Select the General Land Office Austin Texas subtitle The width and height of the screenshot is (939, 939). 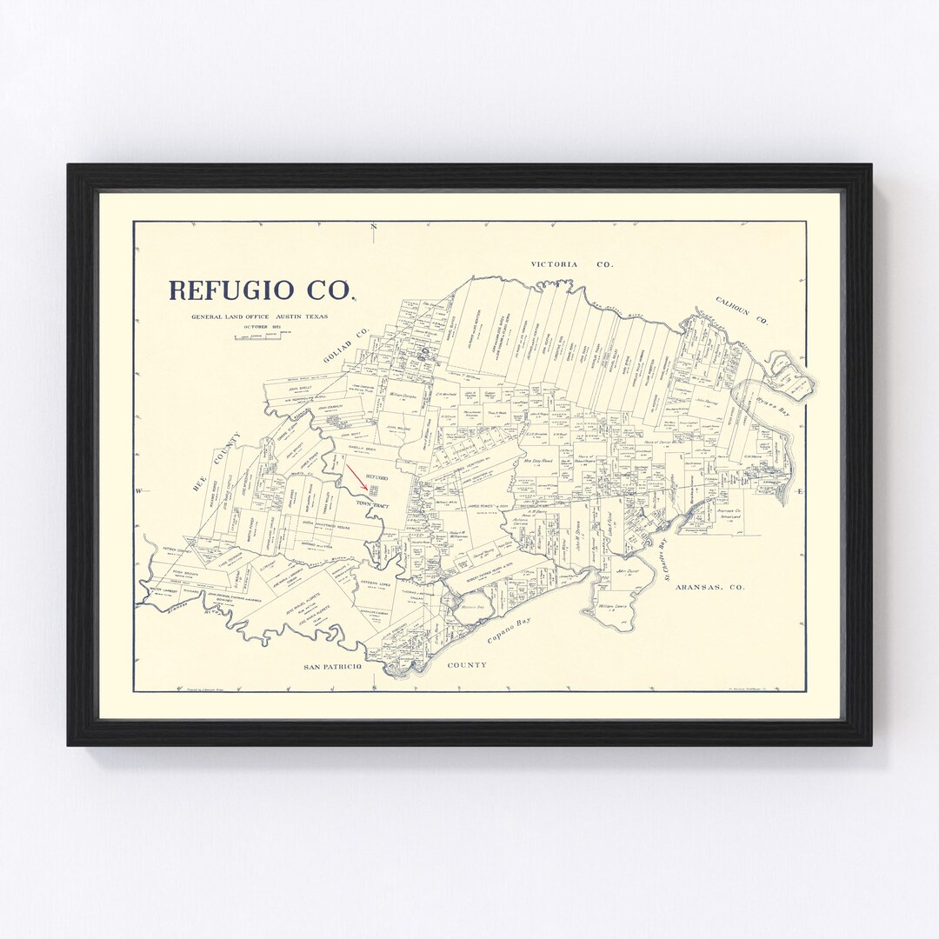click(260, 316)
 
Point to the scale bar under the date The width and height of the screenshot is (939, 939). click(257, 336)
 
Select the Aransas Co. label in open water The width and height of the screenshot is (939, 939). click(714, 587)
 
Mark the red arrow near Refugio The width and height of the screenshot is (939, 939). click(356, 476)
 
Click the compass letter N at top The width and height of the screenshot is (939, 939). click(373, 228)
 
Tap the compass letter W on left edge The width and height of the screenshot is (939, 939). click(138, 492)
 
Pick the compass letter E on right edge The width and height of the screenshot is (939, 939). click(800, 492)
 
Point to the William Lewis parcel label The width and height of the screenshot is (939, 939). click(616, 606)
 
